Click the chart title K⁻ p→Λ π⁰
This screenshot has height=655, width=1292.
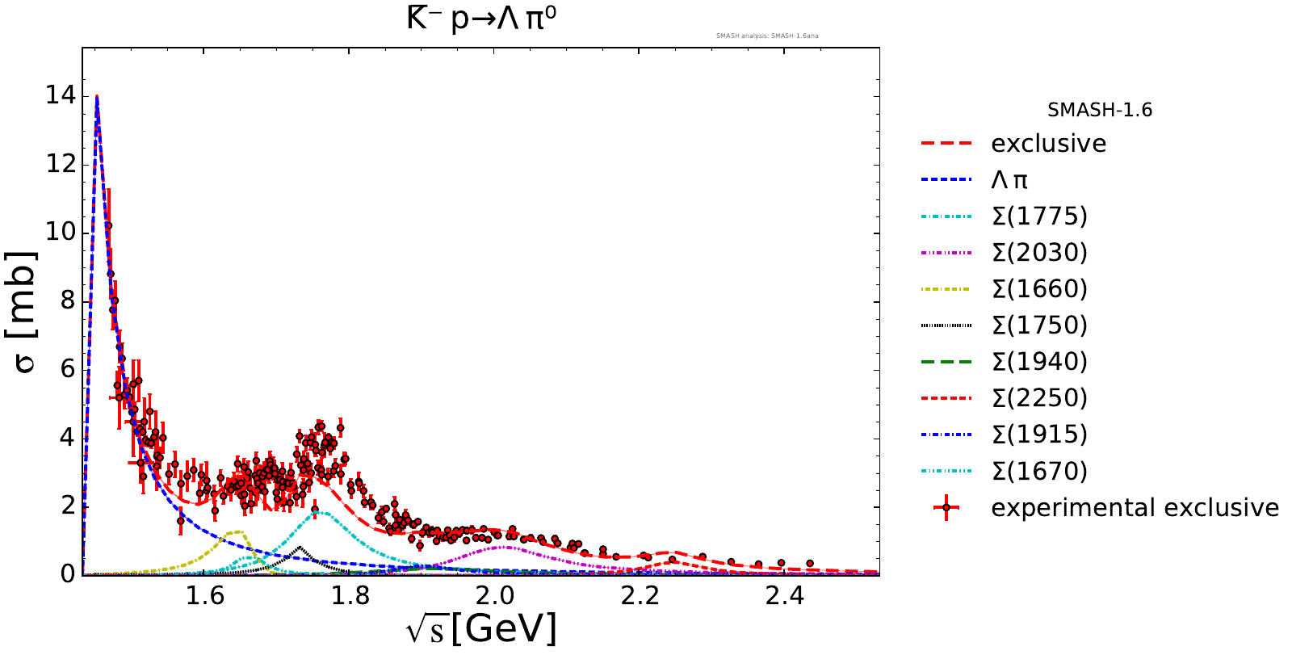[481, 19]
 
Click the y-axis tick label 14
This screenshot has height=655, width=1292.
[61, 95]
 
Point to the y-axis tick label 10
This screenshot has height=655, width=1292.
[61, 232]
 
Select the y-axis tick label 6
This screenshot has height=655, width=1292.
[67, 369]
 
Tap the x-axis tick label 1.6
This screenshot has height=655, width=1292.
[205, 596]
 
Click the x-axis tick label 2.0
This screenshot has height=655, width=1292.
[495, 596]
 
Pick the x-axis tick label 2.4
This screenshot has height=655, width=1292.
[785, 596]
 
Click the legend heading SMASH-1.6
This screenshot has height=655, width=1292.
[1100, 110]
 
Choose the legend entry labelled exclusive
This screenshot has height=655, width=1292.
[1048, 144]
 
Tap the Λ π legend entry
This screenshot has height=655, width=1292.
[1009, 180]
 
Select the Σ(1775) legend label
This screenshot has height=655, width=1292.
[1039, 216]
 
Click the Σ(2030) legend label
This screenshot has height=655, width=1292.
[1039, 253]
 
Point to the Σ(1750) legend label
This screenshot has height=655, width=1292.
[1039, 325]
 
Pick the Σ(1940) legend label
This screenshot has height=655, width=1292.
[1039, 362]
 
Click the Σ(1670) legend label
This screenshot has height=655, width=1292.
[1039, 471]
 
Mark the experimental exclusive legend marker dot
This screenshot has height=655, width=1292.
[946, 508]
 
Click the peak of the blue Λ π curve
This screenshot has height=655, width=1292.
[97, 97]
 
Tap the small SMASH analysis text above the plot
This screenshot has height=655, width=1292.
[767, 36]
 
